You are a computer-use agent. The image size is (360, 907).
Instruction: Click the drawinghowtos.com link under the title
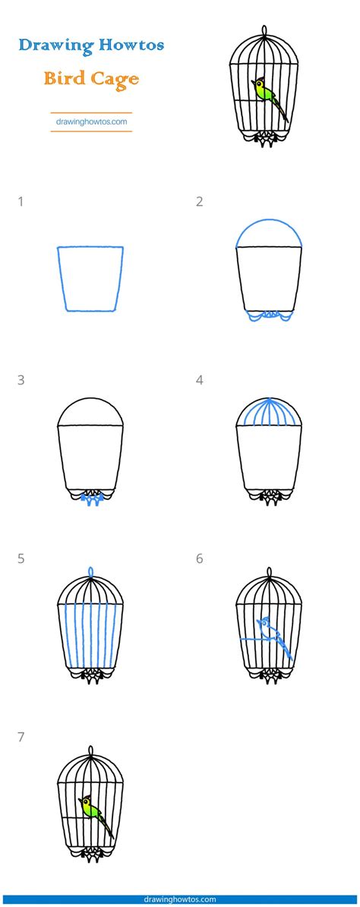click(x=91, y=121)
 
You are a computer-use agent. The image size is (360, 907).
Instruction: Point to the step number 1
click(x=21, y=202)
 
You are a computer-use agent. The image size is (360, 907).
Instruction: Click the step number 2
click(x=200, y=202)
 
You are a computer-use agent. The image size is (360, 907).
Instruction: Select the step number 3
click(x=21, y=380)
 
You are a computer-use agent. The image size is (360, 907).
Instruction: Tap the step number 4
click(x=200, y=380)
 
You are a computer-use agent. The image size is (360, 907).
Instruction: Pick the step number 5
click(x=21, y=558)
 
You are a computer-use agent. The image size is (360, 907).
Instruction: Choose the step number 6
click(x=200, y=558)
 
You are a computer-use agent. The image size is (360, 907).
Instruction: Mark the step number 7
click(x=21, y=737)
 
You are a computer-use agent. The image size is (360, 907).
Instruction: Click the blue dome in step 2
click(x=269, y=232)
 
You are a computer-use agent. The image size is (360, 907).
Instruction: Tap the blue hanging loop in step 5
click(x=90, y=571)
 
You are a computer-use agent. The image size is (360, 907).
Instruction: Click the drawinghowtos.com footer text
click(x=180, y=899)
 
